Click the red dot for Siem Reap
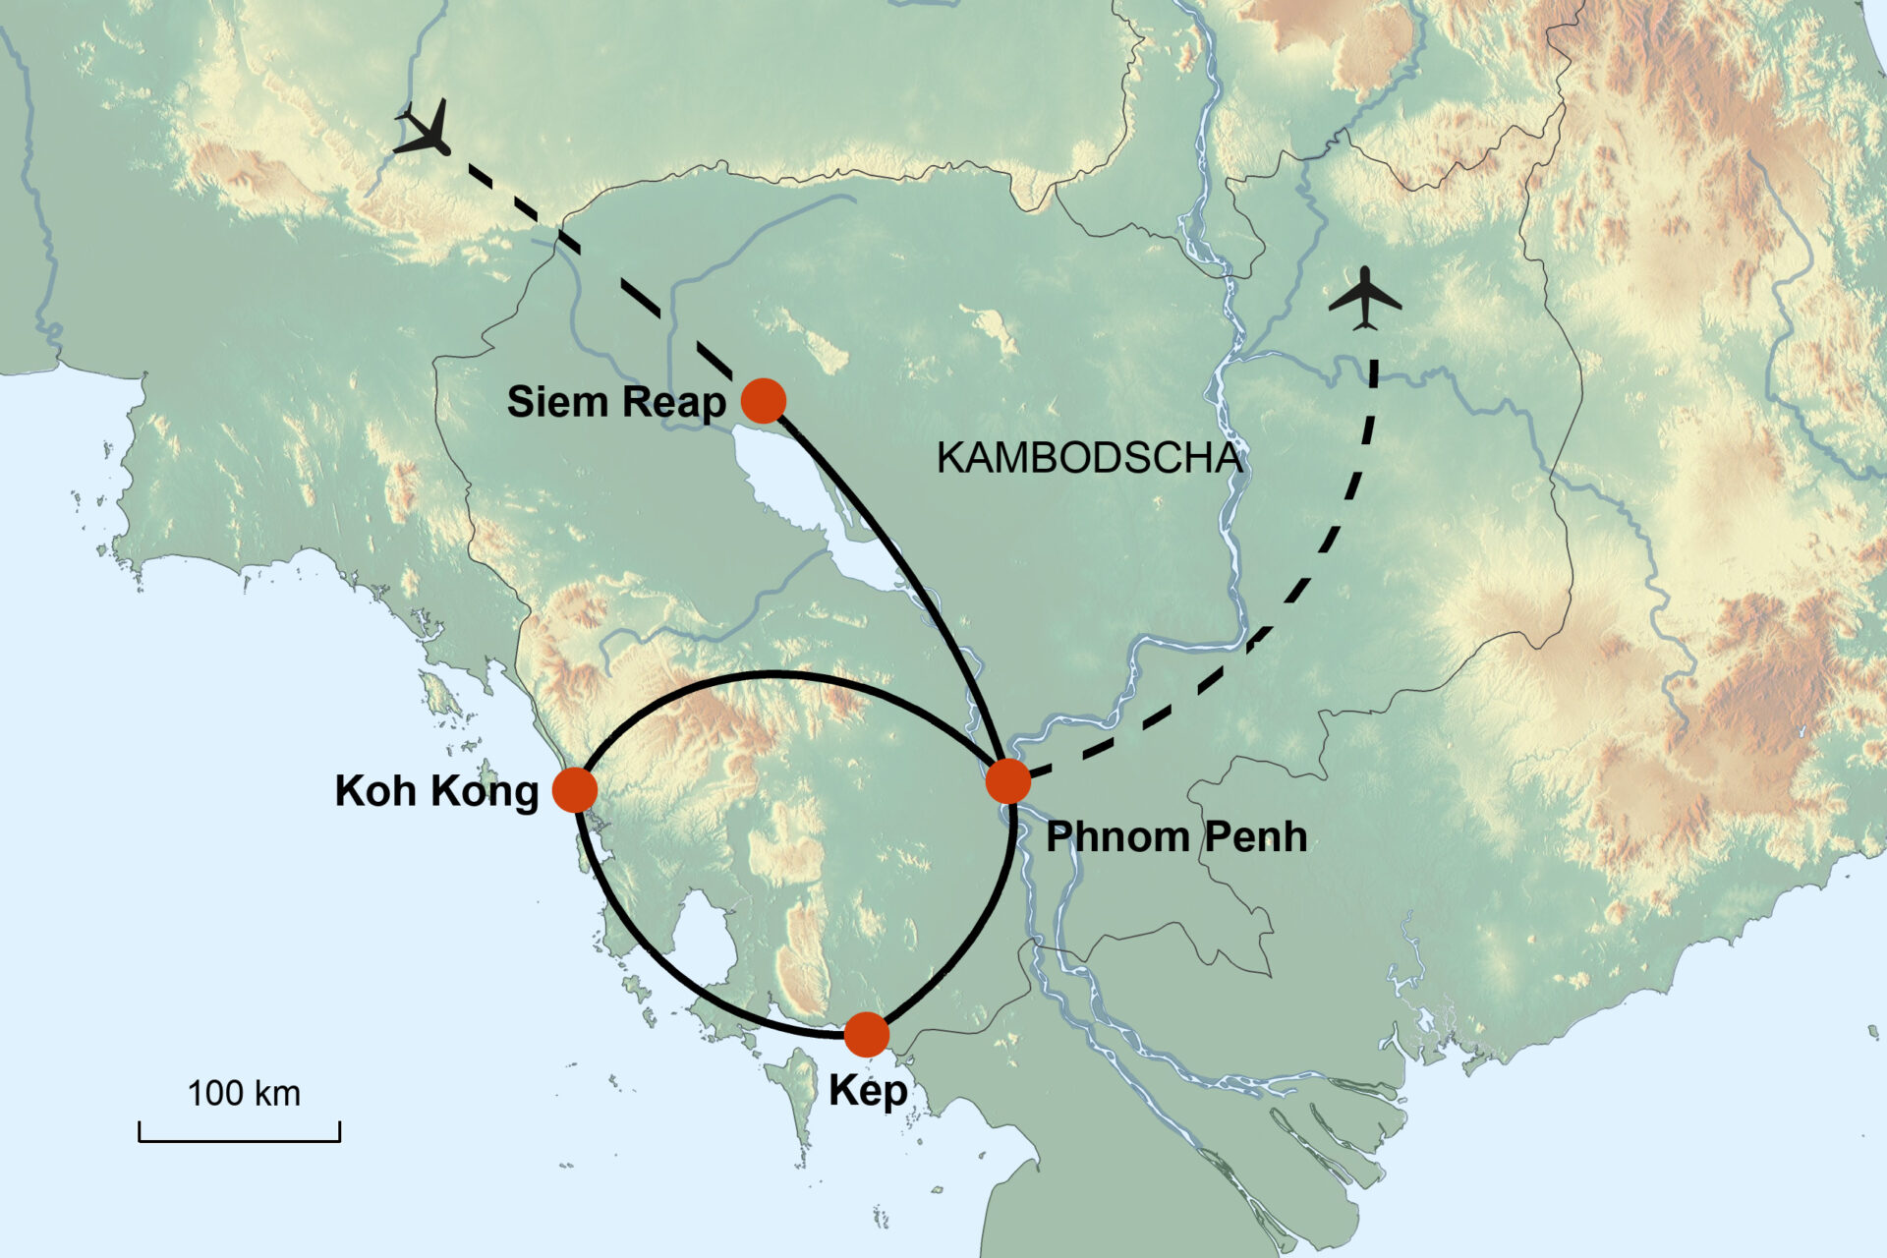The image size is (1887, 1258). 764,400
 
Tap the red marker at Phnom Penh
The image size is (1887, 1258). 1008,781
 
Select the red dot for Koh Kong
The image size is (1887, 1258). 575,789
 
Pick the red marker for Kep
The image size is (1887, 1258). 866,1034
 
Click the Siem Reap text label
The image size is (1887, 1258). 616,402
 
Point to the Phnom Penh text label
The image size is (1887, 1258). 1176,837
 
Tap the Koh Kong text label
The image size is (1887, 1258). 436,791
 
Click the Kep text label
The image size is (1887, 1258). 868,1092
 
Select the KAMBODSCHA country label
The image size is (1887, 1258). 1089,459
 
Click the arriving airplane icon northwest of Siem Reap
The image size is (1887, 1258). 426,131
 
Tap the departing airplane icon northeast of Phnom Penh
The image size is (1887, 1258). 1365,298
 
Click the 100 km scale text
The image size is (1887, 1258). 244,1094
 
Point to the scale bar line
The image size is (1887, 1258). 240,1140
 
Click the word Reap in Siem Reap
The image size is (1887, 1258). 674,402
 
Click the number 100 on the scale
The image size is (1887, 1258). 215,1094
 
